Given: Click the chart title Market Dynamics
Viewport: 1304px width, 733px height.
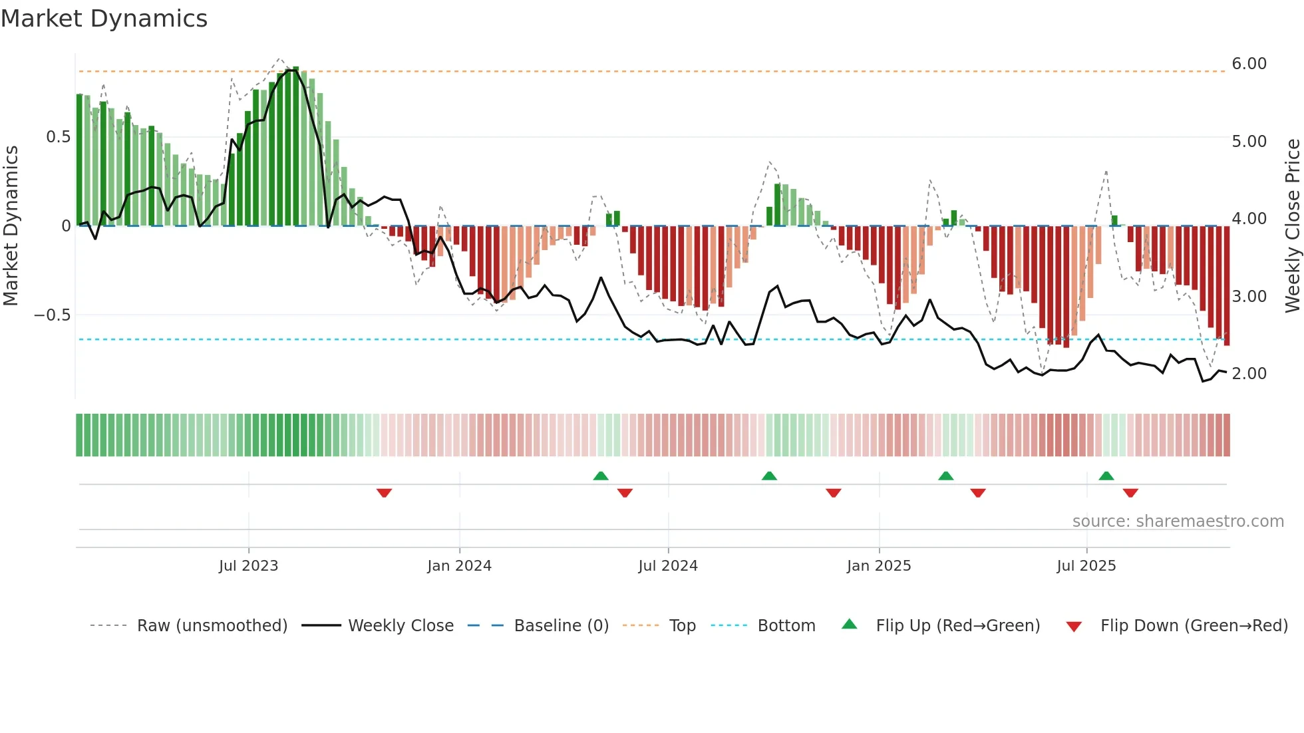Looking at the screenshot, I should (x=104, y=19).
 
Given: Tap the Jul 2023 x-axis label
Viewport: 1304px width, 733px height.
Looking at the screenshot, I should (x=248, y=566).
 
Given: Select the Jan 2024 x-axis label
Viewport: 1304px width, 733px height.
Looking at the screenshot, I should (x=459, y=566).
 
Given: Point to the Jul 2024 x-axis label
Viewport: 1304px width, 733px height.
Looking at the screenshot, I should (x=668, y=566).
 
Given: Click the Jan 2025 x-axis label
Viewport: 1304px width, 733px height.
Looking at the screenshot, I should (x=879, y=566).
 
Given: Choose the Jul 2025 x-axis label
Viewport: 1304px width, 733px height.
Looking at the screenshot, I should (x=1086, y=566).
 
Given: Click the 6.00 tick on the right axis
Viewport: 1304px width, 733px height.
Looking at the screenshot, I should (x=1249, y=64).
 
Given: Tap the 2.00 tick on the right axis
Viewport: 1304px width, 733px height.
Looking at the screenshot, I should (x=1249, y=374).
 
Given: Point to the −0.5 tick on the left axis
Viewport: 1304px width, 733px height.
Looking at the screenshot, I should (x=52, y=315).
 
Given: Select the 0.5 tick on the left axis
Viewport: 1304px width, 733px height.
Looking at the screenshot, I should (x=58, y=137).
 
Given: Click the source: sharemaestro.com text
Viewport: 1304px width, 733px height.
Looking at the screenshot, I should (x=1178, y=521).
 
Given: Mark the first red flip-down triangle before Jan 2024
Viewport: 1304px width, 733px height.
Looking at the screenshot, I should (x=384, y=493).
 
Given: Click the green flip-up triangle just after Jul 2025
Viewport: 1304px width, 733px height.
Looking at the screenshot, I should (x=1106, y=476).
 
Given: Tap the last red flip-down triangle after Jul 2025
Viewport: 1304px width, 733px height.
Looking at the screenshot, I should (x=1130, y=493).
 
